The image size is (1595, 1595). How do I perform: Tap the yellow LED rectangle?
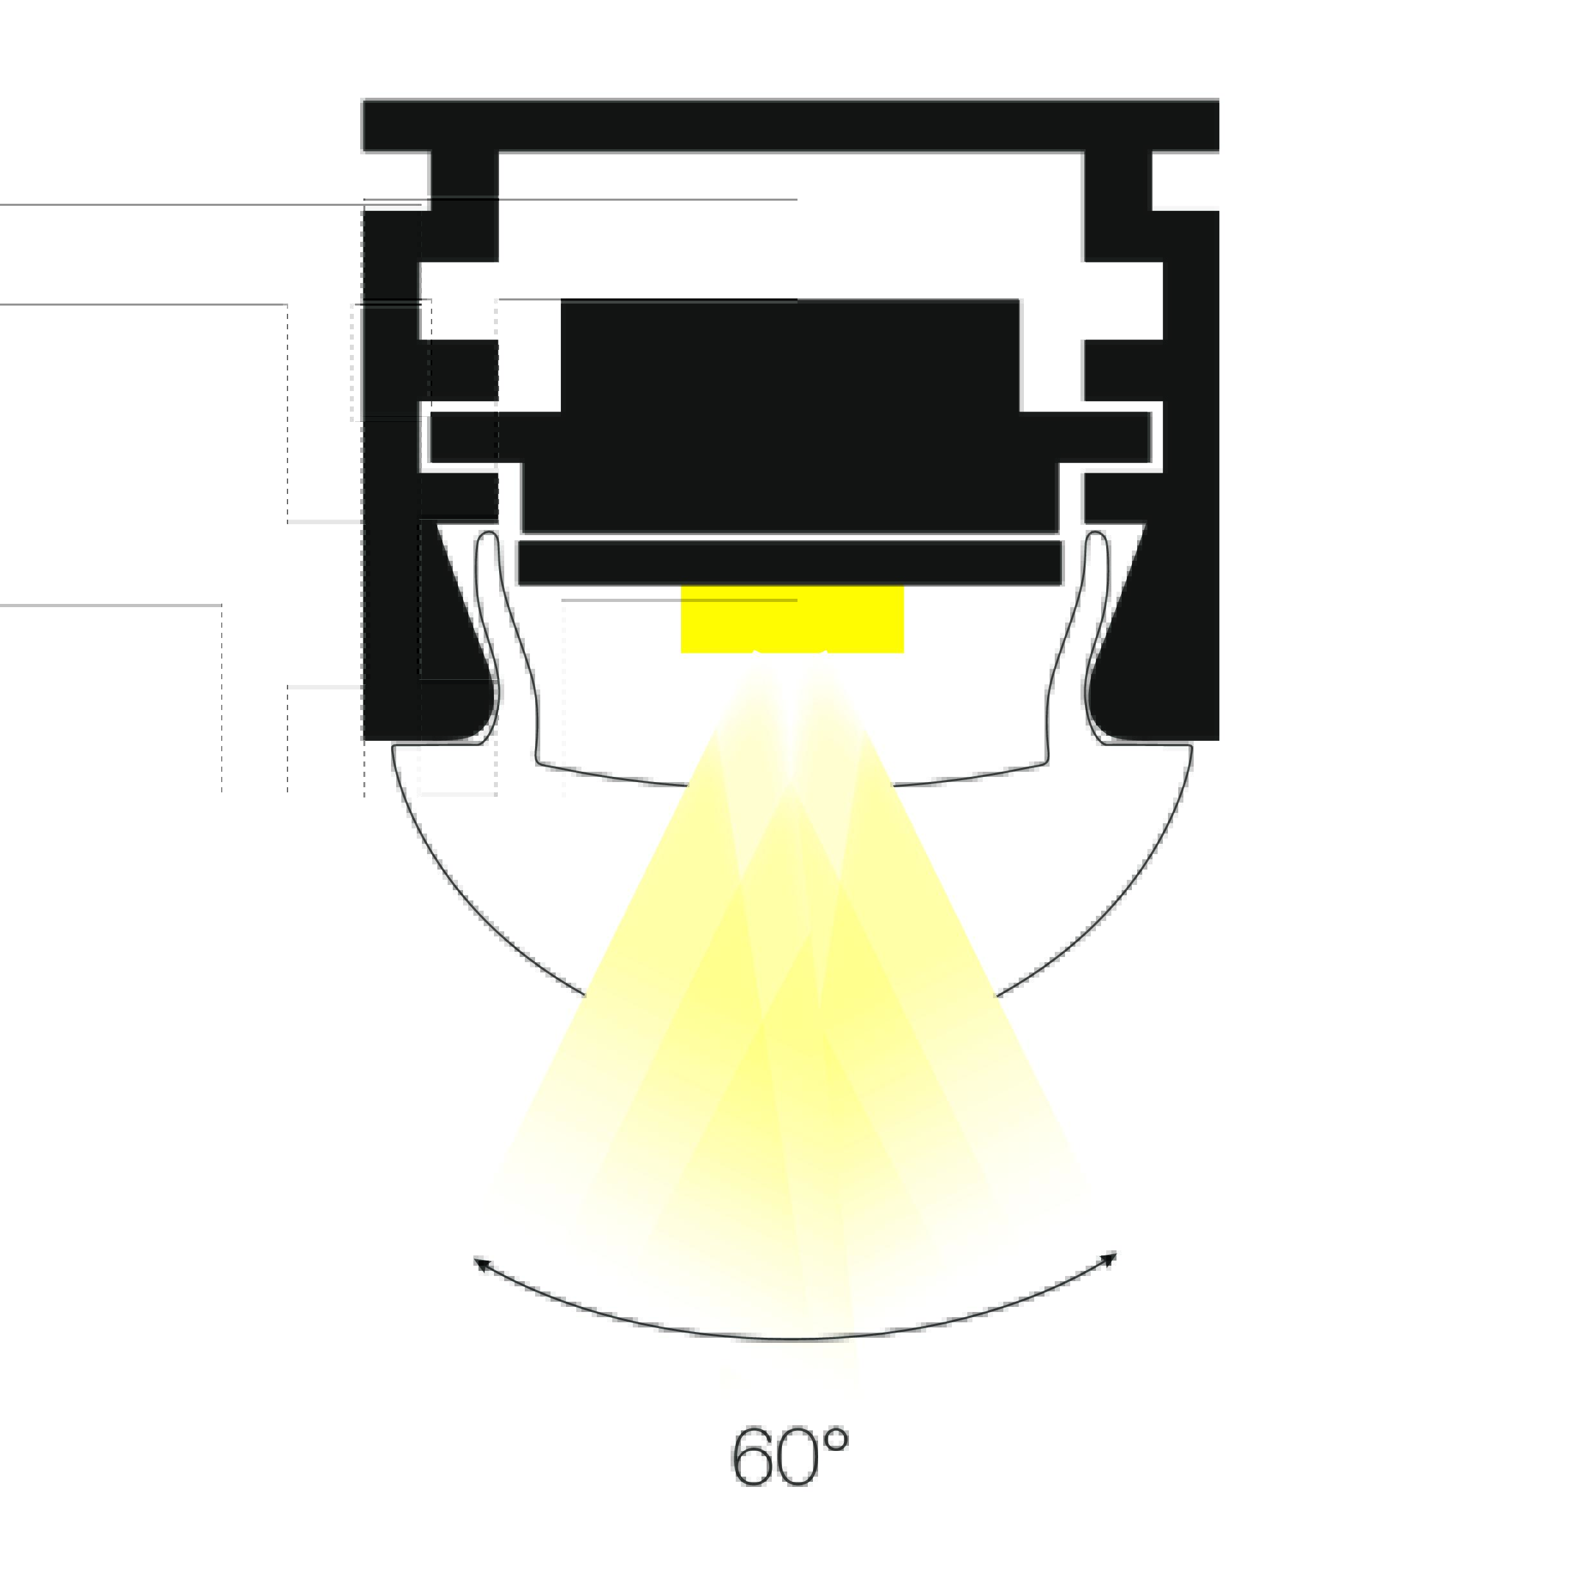point(792,620)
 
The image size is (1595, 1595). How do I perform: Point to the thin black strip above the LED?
point(789,563)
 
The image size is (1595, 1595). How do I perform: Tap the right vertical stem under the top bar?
point(1118,206)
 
